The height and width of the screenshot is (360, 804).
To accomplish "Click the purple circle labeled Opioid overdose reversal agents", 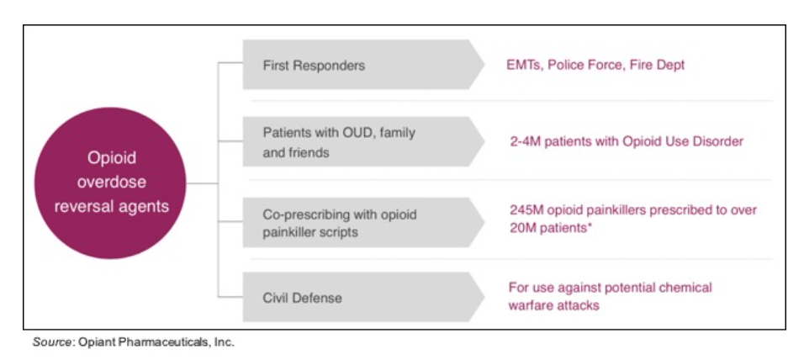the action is tap(110, 183).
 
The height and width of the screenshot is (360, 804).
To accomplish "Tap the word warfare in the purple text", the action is tap(526, 305).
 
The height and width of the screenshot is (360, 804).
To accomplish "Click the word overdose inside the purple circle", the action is tap(111, 182).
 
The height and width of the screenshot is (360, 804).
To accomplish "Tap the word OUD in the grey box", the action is tap(354, 132).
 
